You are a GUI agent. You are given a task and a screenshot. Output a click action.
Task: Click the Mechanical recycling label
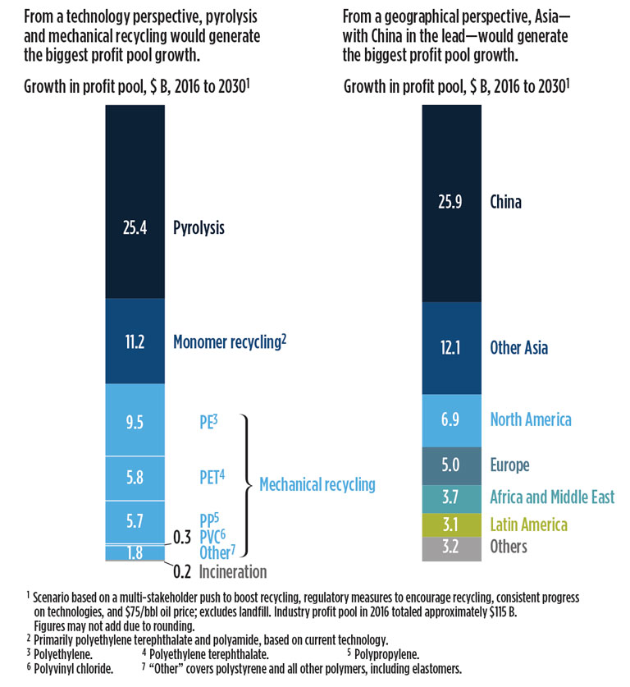click(317, 484)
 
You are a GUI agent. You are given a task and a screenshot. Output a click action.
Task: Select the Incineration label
click(231, 571)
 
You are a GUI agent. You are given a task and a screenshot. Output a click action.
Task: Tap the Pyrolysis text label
click(199, 228)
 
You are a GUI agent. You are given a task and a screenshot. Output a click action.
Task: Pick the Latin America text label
click(528, 524)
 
